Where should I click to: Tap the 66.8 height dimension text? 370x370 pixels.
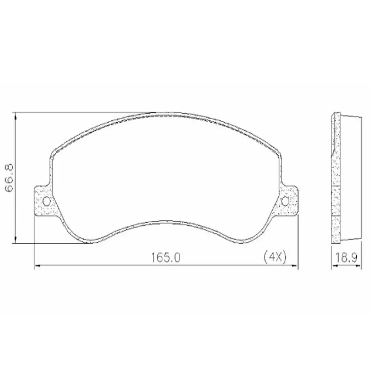(9, 178)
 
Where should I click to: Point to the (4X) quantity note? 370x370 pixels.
(275, 257)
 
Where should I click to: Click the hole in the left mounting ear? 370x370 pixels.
(47, 201)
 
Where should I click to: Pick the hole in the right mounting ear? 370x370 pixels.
(285, 201)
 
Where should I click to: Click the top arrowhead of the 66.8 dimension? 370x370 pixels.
(15, 115)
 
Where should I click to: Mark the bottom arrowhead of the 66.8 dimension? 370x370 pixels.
(15, 240)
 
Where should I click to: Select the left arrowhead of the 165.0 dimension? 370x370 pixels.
(36, 265)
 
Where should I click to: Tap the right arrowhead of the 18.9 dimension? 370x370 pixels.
(360, 265)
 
